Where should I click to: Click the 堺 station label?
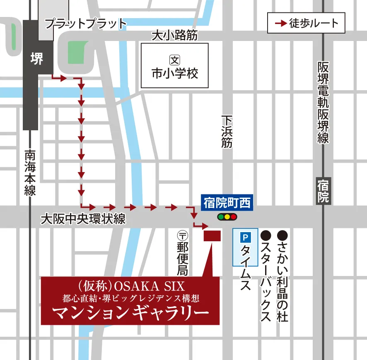(37, 59)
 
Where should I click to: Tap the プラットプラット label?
(85, 24)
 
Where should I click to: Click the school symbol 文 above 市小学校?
(174, 60)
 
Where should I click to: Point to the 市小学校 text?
(174, 74)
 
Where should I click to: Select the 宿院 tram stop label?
(323, 191)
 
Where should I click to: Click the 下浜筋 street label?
(227, 131)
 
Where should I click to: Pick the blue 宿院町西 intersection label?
(227, 203)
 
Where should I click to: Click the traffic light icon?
(227, 216)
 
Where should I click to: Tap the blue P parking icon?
(245, 238)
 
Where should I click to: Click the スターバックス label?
(266, 276)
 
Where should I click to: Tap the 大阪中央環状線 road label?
(83, 219)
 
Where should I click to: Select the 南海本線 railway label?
(30, 172)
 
